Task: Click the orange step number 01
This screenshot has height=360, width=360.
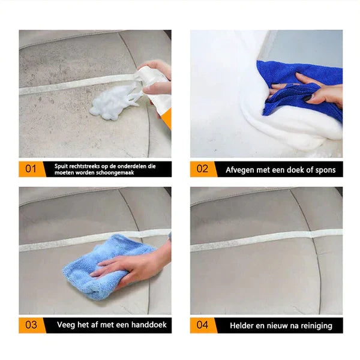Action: pos(31,169)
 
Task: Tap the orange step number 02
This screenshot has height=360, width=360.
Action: pos(203,169)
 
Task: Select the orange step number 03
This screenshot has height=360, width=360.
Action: pos(31,325)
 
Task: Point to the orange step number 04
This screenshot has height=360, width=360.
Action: pos(203,325)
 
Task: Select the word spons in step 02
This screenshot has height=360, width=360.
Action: pos(325,170)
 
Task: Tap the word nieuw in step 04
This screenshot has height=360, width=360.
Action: pos(277,326)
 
